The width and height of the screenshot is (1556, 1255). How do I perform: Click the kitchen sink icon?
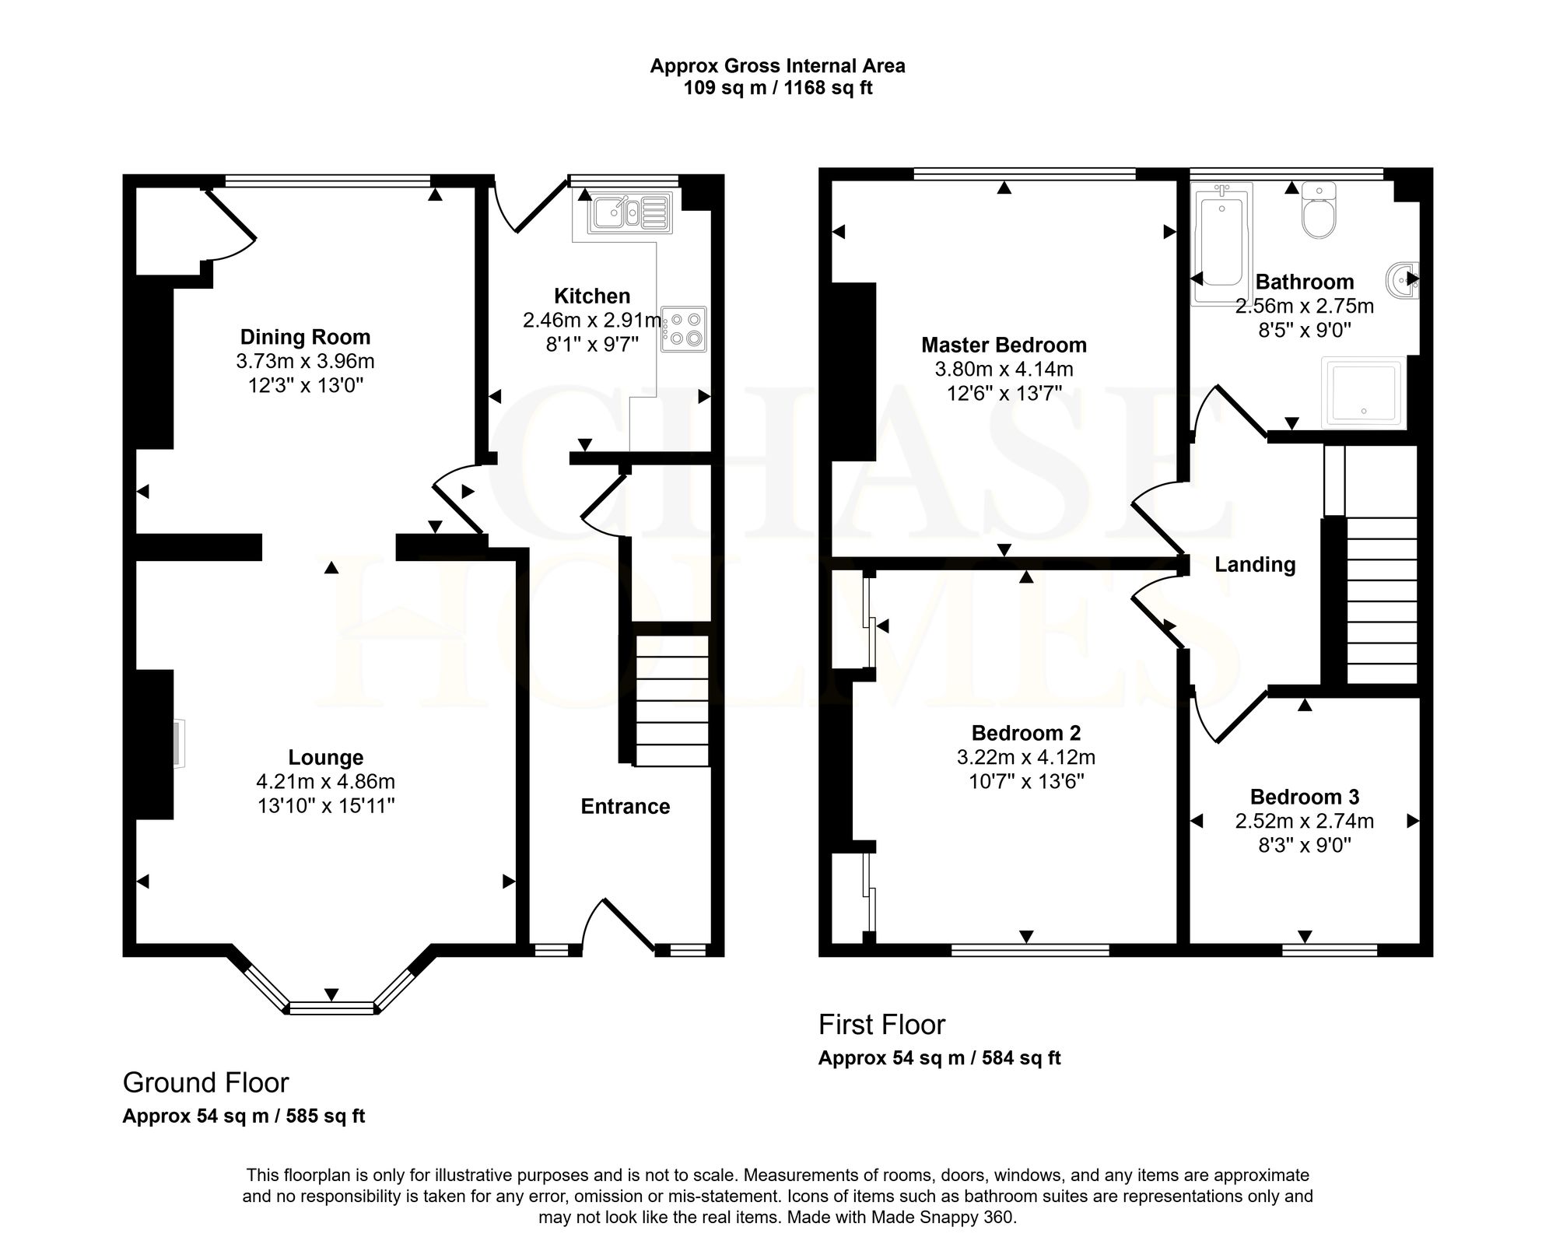tap(629, 212)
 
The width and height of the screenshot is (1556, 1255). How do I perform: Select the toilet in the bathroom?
tap(1318, 210)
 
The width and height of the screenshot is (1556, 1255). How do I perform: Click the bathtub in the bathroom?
tap(1221, 243)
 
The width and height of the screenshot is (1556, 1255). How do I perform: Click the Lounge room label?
tap(326, 757)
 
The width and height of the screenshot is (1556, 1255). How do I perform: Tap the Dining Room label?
tap(305, 337)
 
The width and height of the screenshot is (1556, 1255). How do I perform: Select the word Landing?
tap(1255, 565)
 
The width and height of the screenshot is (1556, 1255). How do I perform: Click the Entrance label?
tap(626, 806)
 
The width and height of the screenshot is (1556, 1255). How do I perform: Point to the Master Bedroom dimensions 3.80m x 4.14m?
tap(1004, 369)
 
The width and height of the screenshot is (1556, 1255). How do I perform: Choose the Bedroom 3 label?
tap(1305, 797)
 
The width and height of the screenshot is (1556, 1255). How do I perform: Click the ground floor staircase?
tap(672, 701)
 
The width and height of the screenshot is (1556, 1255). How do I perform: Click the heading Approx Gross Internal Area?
tap(777, 66)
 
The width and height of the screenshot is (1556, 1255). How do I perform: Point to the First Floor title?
tap(881, 1025)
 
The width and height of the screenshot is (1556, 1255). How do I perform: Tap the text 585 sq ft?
tap(325, 1116)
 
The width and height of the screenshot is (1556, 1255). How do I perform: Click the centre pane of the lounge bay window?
tap(331, 1008)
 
